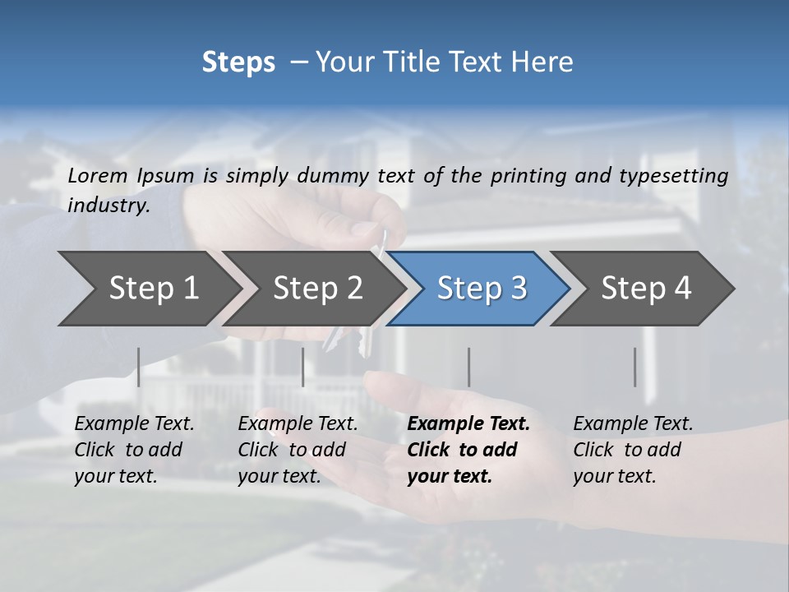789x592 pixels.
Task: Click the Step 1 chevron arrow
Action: [x=152, y=289]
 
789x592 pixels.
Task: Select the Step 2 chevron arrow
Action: [x=317, y=289]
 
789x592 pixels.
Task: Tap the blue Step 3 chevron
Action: [x=482, y=289]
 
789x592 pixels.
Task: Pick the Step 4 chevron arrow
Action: [x=646, y=289]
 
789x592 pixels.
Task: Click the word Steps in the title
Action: [x=238, y=62]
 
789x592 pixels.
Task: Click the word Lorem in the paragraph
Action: [x=98, y=175]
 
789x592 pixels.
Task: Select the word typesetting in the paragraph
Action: [x=681, y=175]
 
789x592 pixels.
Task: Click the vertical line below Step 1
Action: [x=139, y=367]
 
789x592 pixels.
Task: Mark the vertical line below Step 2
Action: [x=303, y=367]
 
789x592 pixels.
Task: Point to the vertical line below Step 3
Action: [x=469, y=367]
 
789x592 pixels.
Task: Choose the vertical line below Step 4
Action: [x=635, y=367]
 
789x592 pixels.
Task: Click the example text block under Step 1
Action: [x=134, y=450]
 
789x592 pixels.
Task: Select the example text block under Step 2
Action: [x=298, y=450]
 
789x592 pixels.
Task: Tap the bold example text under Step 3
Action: [x=468, y=450]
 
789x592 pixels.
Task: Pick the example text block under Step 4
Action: [x=633, y=450]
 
